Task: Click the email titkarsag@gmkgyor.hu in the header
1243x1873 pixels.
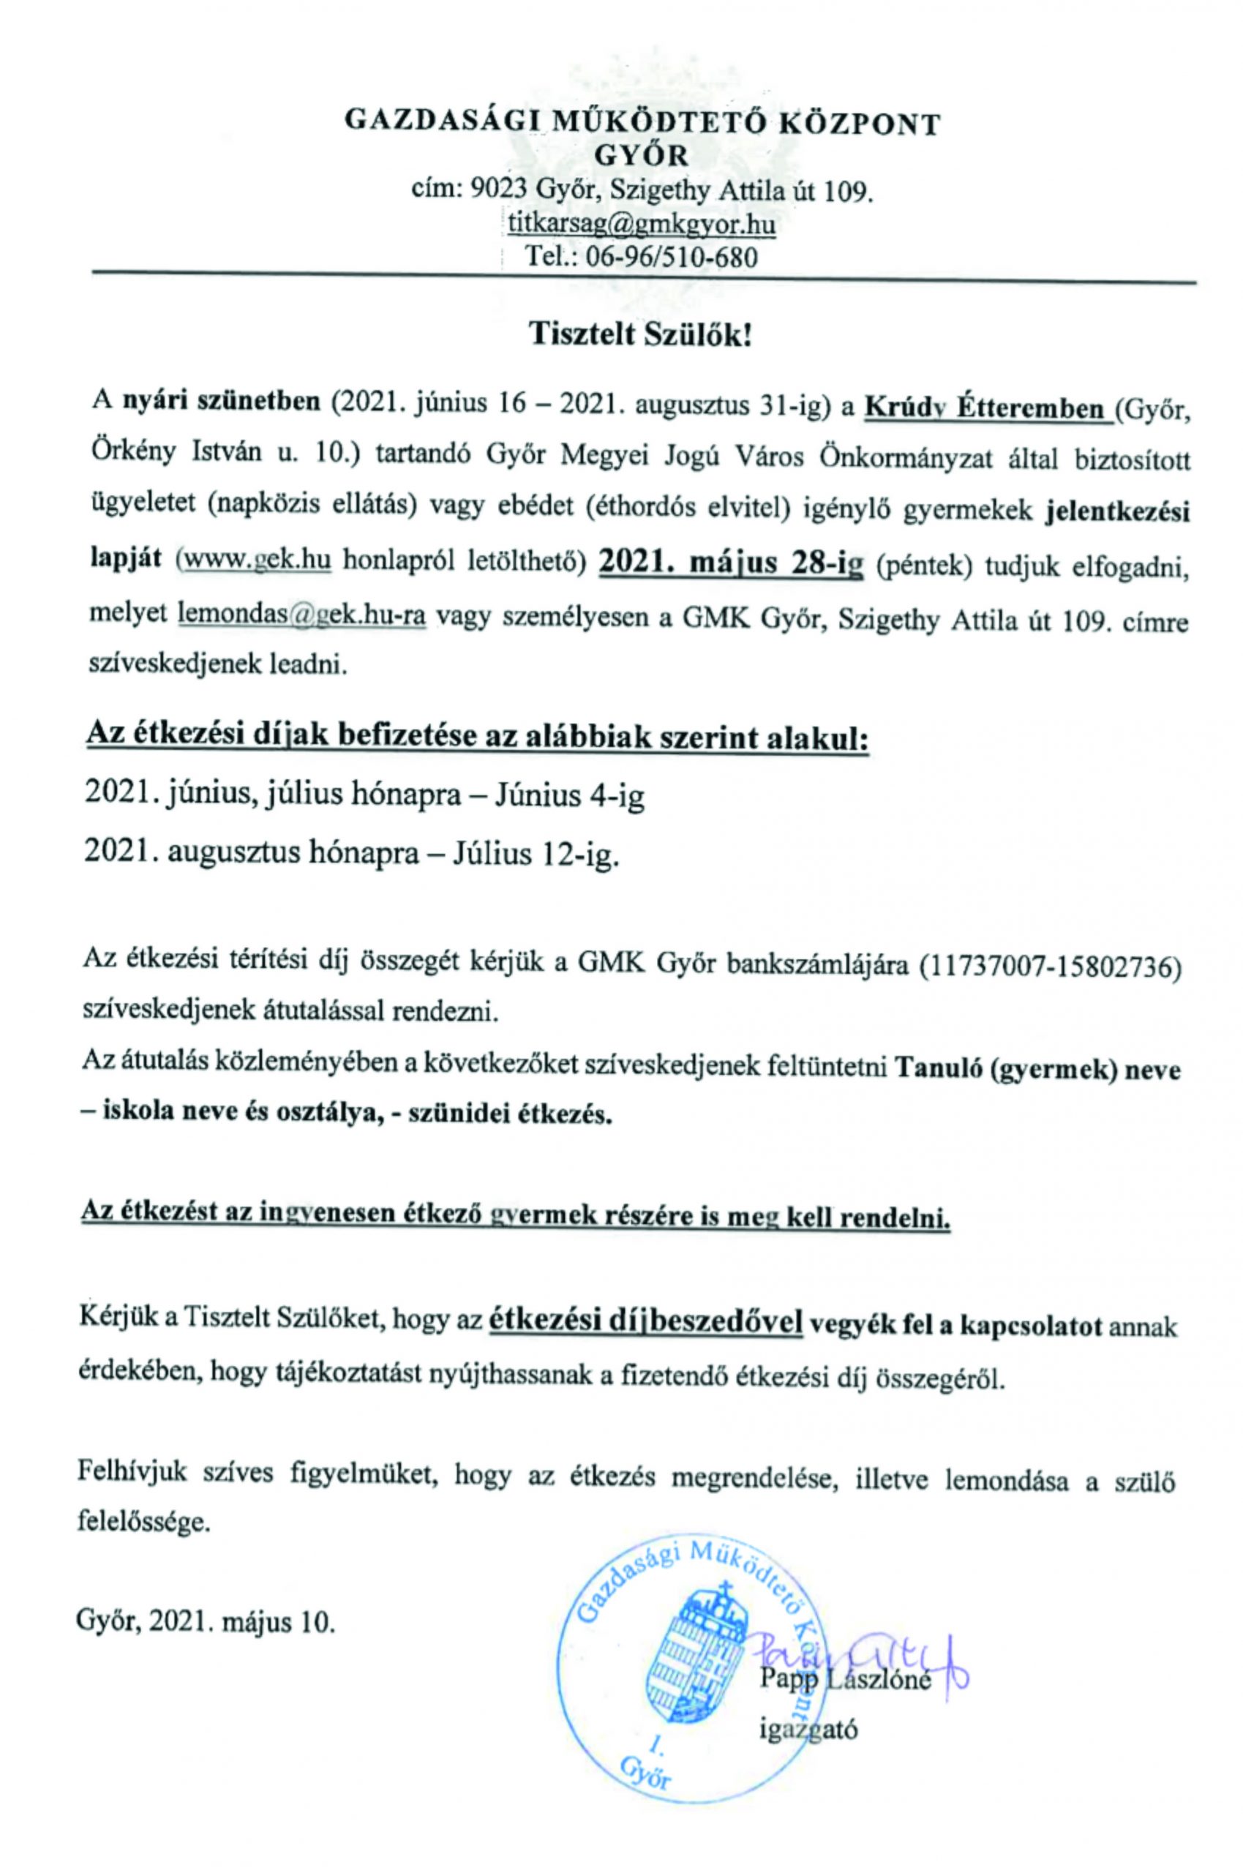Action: (642, 225)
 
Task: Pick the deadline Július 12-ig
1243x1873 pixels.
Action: (535, 855)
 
